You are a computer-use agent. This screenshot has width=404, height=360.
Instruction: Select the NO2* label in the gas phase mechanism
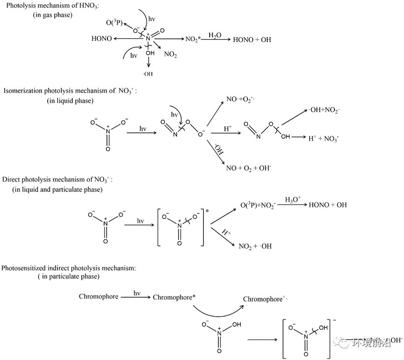point(192,40)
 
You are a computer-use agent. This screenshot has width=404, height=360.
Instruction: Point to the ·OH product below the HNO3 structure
point(148,74)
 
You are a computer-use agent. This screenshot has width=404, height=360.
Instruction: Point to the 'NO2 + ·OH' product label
point(255,246)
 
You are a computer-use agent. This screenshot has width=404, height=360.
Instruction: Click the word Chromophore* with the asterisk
point(174,297)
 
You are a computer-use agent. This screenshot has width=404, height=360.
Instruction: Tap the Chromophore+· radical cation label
point(264,299)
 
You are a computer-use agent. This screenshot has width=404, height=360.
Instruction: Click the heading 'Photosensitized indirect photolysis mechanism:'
point(69,268)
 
